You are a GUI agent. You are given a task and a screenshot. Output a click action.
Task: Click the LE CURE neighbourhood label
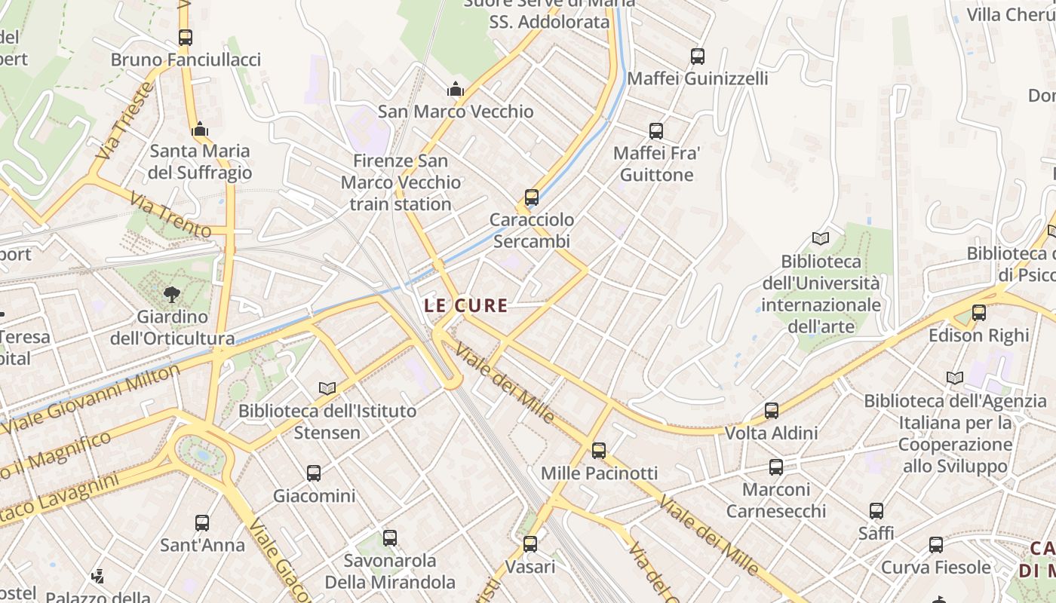tap(465, 305)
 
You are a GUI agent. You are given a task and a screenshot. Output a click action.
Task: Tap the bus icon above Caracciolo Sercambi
tap(532, 197)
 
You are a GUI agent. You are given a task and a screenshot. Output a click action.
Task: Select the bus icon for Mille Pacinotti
tap(599, 451)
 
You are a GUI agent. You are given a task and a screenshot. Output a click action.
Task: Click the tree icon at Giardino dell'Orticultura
tap(172, 294)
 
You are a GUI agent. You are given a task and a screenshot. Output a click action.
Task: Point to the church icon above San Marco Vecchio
tap(455, 89)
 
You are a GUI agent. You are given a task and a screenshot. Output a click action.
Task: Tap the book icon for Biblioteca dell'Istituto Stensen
tap(327, 388)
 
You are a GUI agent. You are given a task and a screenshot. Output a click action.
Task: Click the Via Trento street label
tap(159, 213)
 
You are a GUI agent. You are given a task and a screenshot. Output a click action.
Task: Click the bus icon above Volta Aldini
tap(772, 411)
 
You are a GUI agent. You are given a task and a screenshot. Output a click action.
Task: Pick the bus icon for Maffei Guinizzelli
tap(698, 56)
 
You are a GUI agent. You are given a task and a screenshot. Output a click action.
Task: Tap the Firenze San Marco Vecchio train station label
tap(400, 182)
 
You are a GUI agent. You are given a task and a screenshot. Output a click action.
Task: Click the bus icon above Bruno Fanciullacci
tap(186, 37)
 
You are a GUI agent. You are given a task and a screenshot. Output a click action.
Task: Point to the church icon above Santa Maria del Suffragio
tap(200, 129)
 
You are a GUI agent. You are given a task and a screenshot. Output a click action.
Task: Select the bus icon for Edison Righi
tap(979, 312)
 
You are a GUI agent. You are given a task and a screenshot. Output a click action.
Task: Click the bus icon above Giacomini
tap(314, 473)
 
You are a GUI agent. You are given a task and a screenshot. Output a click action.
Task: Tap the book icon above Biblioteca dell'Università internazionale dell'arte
tap(821, 239)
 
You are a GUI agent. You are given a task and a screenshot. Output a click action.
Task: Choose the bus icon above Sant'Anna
tap(202, 522)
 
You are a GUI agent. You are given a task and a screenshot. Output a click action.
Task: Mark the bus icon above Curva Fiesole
tap(936, 544)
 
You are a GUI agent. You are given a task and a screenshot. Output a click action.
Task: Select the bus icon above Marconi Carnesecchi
tap(776, 467)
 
